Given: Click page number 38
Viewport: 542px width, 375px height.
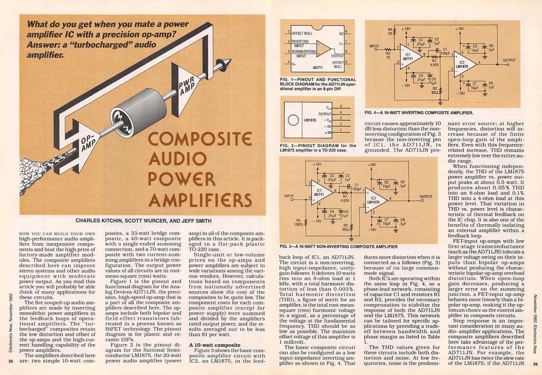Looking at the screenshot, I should coord(11,361).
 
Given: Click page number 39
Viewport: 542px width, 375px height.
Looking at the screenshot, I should coord(535,364).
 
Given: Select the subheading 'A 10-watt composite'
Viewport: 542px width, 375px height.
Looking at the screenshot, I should coord(214,345).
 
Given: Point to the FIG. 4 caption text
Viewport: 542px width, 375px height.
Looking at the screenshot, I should coord(419,113).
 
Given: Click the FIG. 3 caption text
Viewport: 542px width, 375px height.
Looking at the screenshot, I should coord(339,247).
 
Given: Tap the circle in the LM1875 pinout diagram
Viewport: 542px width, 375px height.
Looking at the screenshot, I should coord(293,120).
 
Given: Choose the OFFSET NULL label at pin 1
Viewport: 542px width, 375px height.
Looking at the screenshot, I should coord(302,33).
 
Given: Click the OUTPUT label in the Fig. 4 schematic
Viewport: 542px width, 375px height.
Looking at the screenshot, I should coord(509,60).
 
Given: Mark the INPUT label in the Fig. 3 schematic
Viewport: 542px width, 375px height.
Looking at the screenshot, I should coord(289,196).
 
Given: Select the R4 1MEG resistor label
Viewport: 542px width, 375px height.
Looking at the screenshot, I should coord(298,222).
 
